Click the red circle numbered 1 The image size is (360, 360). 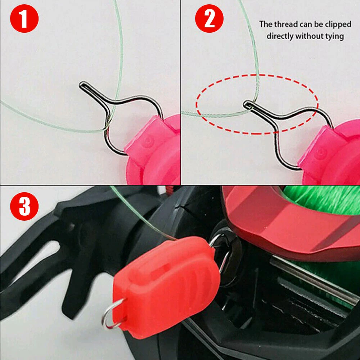click(24, 19)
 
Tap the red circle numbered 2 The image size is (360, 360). click(209, 19)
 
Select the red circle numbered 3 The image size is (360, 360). click(24, 206)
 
